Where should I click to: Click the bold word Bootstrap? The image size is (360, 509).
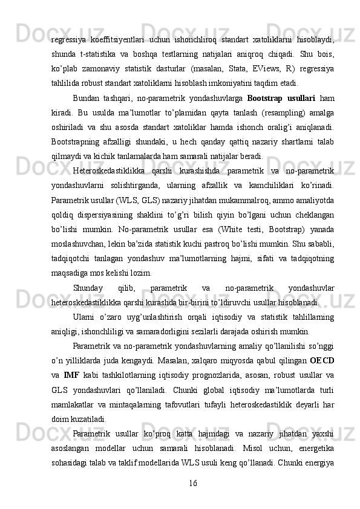267,97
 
